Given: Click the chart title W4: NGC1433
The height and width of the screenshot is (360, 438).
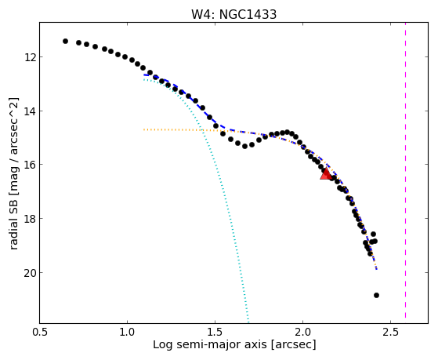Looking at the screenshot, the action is [233, 14].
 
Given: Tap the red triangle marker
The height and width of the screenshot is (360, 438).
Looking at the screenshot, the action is [326, 173].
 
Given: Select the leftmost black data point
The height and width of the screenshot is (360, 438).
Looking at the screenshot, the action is [65, 41].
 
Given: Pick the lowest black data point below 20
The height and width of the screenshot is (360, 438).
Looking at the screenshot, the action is [376, 295].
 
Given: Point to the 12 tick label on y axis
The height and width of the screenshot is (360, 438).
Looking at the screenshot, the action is [29, 57].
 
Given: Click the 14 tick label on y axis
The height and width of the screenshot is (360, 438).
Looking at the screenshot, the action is [29, 111].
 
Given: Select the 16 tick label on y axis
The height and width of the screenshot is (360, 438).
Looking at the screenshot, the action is [29, 165].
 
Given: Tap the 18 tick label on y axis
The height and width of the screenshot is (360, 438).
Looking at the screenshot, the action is [29, 219].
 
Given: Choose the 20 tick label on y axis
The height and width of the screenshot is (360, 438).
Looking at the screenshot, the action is [29, 273].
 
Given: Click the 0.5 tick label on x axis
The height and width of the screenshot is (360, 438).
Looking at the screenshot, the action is [40, 332].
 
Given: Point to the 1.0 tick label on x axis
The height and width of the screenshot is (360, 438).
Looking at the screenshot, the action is [127, 332].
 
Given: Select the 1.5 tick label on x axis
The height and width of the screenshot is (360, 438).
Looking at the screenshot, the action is [215, 332].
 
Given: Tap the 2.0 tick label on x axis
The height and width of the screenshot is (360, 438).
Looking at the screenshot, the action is [302, 332].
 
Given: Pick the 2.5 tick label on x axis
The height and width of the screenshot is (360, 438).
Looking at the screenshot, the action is [390, 332].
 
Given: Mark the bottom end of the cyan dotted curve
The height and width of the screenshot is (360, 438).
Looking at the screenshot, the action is [248, 322].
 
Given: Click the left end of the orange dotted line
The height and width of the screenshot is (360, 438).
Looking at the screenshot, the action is [144, 129].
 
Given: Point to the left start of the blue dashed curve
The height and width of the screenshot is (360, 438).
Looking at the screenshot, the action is [144, 75].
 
